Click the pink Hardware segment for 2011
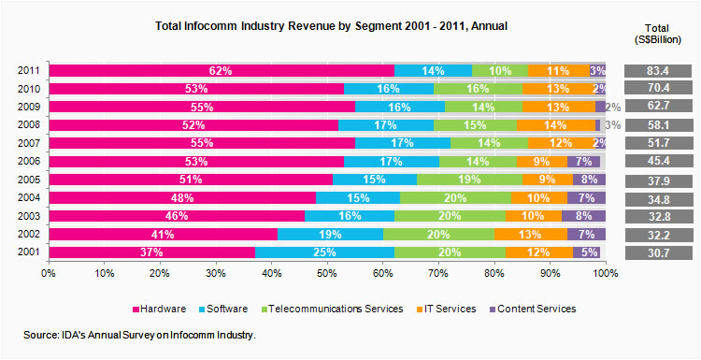[x=222, y=71]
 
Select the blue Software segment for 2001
[x=324, y=252]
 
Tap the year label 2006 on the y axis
[x=28, y=162]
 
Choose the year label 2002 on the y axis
[x=28, y=235]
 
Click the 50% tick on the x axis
[x=327, y=273]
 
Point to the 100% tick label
[x=604, y=273]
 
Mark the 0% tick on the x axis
[x=50, y=273]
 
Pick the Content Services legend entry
[x=536, y=309]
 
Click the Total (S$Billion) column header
[x=659, y=33]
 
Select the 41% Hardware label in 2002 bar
[x=165, y=235]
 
